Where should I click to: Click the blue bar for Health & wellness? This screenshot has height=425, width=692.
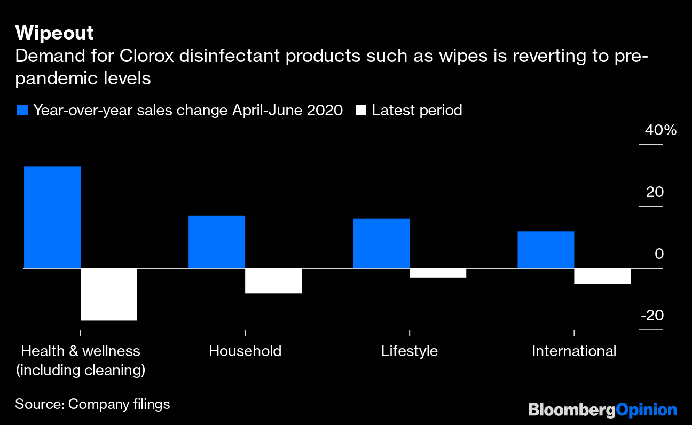click(52, 217)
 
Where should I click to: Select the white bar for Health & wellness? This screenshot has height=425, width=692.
click(109, 294)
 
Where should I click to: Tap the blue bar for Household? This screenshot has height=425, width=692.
click(217, 241)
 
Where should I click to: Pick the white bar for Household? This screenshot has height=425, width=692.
click(273, 281)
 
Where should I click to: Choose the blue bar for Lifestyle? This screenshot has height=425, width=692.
click(381, 243)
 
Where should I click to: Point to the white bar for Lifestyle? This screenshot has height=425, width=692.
click(438, 273)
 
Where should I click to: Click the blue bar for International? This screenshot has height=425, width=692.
click(546, 249)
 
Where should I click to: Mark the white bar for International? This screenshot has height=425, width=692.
click(602, 276)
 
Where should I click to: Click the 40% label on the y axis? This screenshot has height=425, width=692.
click(660, 130)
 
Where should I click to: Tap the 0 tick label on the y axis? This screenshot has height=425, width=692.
click(659, 254)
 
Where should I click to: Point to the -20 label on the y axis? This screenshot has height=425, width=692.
click(652, 316)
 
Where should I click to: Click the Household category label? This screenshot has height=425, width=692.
click(245, 351)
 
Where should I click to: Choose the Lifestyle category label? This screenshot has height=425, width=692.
click(410, 351)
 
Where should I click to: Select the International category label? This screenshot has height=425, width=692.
click(574, 351)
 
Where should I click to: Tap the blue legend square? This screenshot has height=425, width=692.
click(22, 111)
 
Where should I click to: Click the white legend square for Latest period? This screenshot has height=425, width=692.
click(361, 111)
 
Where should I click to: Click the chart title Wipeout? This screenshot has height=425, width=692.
click(54, 33)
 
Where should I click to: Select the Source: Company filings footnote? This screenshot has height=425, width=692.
click(92, 404)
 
